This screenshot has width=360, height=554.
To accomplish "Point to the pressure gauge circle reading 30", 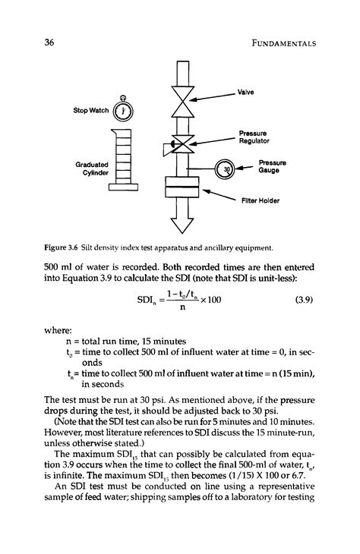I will [226, 168].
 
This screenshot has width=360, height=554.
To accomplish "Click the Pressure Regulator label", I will [256, 136].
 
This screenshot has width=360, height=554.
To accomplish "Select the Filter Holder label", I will [261, 201].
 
